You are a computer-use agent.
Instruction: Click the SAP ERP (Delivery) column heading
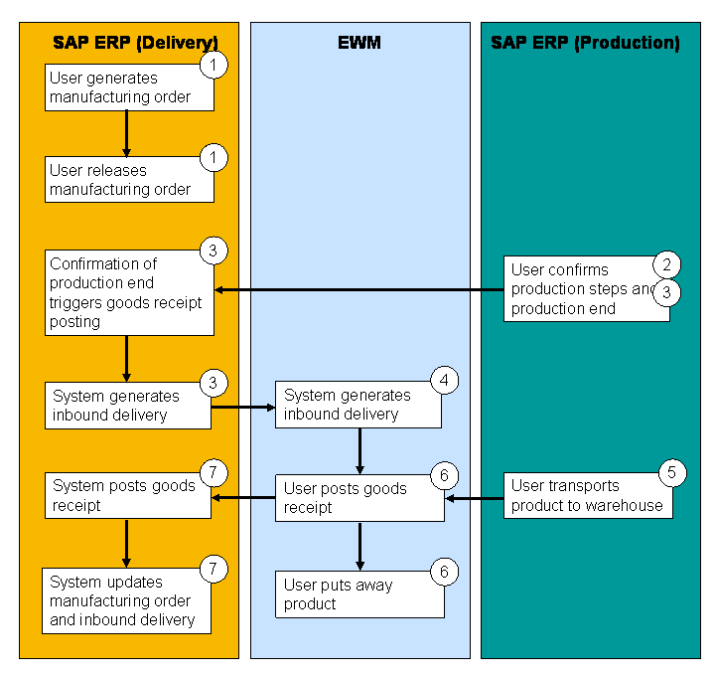(x=135, y=43)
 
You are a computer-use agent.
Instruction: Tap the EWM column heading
(x=358, y=43)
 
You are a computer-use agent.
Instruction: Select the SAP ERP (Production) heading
(x=585, y=43)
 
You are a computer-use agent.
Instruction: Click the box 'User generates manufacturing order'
(x=129, y=87)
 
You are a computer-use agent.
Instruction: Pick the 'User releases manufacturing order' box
(x=129, y=179)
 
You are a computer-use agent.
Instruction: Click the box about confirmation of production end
(x=129, y=292)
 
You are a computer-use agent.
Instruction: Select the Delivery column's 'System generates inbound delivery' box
(x=127, y=406)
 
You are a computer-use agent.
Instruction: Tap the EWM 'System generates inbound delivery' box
(x=357, y=405)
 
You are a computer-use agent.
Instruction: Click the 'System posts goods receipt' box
(x=127, y=495)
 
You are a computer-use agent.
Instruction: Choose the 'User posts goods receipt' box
(x=358, y=497)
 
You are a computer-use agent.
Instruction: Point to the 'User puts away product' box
(x=358, y=594)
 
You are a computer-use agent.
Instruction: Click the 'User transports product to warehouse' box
(x=587, y=495)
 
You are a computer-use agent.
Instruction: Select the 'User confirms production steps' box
(x=585, y=288)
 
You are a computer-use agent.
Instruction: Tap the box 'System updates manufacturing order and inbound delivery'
(x=127, y=600)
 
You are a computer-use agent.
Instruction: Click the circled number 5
(x=671, y=472)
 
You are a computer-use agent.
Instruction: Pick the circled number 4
(x=445, y=380)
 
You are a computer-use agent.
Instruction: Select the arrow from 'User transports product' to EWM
(x=475, y=498)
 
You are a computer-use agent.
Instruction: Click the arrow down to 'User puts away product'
(x=359, y=545)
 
